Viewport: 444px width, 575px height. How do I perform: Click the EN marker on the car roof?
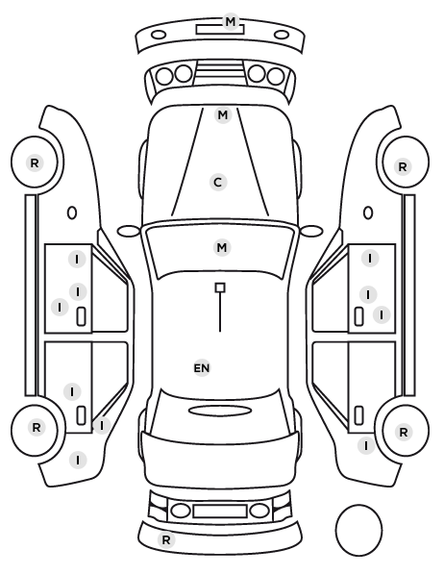coord(202,368)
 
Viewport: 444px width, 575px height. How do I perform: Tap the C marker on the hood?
coord(218,183)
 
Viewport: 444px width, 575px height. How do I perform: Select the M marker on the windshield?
coord(222,247)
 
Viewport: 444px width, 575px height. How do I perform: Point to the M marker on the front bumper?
coord(231,22)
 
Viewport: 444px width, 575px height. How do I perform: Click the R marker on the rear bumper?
coord(166,539)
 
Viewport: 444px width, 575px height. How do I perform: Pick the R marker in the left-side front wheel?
coord(35,162)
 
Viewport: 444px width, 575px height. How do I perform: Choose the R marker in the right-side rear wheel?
coord(404,432)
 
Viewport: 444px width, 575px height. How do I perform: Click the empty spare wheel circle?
coord(358,530)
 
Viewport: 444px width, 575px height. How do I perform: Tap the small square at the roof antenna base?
coord(220,287)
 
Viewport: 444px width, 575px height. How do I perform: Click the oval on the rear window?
coord(220,411)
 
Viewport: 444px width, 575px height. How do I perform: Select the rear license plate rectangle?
coord(220,511)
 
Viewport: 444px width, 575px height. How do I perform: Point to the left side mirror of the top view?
coord(129,231)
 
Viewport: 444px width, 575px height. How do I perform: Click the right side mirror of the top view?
coord(311,231)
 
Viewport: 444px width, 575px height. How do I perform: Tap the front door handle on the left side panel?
coord(81,316)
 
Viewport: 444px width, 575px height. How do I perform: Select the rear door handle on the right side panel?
coord(358,415)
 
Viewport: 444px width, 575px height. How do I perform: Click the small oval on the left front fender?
coord(72,212)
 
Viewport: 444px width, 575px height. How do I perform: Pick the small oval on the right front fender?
coord(368,212)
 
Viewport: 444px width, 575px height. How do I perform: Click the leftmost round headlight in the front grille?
coord(164,76)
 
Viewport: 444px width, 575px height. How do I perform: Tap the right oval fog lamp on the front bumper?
coord(282,35)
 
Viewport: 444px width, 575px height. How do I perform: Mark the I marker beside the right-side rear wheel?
coord(366,446)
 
